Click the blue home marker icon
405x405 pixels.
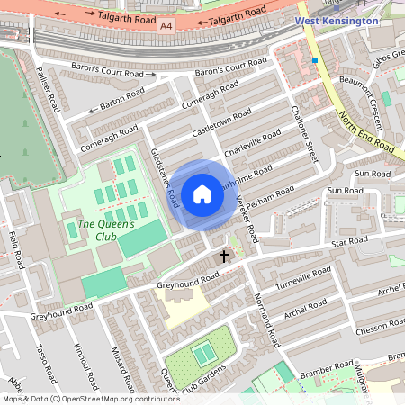202,194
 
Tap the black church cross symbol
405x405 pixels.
224,256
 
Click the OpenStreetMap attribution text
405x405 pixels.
91,399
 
